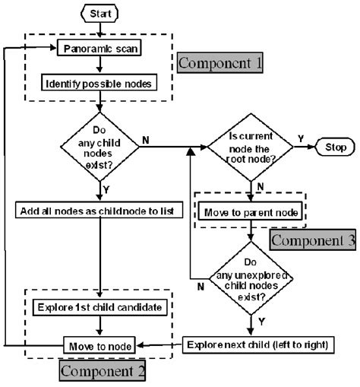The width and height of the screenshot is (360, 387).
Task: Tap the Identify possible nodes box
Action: tap(99, 81)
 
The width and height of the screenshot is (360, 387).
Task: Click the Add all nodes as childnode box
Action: tap(99, 208)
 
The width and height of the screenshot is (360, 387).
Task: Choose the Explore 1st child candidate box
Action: tap(99, 307)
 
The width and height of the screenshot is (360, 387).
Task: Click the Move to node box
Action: tap(99, 345)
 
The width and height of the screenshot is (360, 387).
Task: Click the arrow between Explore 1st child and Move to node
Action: tap(99, 326)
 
